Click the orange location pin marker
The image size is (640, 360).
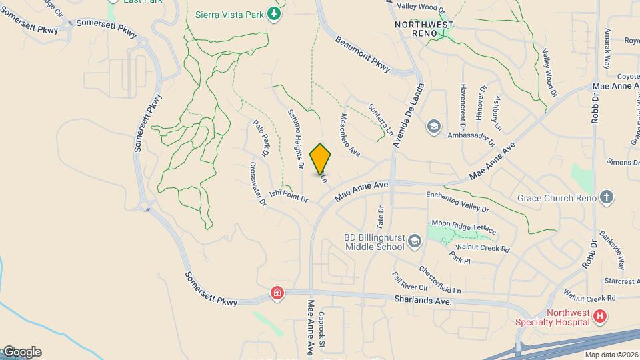pyautogui.click(x=321, y=159)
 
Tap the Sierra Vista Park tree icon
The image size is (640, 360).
pyautogui.click(x=273, y=14)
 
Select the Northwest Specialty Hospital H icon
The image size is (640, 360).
pyautogui.click(x=600, y=316)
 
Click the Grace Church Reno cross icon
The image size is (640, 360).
pyautogui.click(x=606, y=197)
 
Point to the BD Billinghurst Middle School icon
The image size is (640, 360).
pyautogui.click(x=415, y=241)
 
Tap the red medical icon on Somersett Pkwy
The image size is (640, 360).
pyautogui.click(x=277, y=293)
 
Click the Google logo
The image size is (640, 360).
pyautogui.click(x=21, y=352)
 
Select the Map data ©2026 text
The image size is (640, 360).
pyautogui.click(x=611, y=355)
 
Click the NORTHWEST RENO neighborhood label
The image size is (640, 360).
pyautogui.click(x=424, y=29)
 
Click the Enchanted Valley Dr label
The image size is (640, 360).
pyautogui.click(x=457, y=201)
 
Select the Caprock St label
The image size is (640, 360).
pyautogui.click(x=322, y=329)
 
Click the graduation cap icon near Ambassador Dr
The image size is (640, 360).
pyautogui.click(x=434, y=127)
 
